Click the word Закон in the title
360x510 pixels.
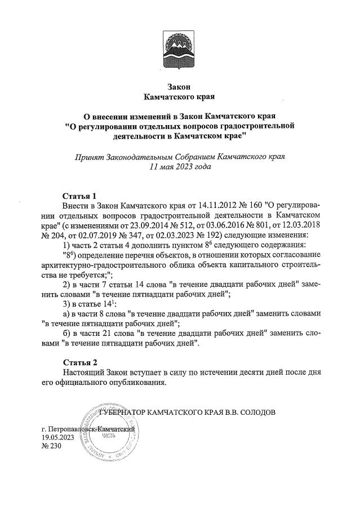180,87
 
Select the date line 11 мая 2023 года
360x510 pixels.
180,167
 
